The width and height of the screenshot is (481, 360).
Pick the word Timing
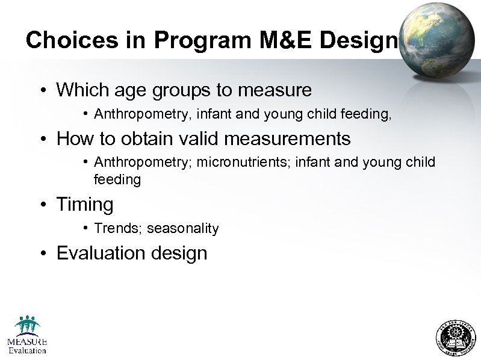[84, 205]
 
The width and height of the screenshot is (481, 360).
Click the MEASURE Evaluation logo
[27, 335]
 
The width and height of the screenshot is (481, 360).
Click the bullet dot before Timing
[45, 205]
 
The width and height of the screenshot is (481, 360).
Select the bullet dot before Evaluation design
[45, 253]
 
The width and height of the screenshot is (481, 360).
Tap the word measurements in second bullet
[296, 139]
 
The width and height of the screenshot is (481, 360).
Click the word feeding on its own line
[117, 179]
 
